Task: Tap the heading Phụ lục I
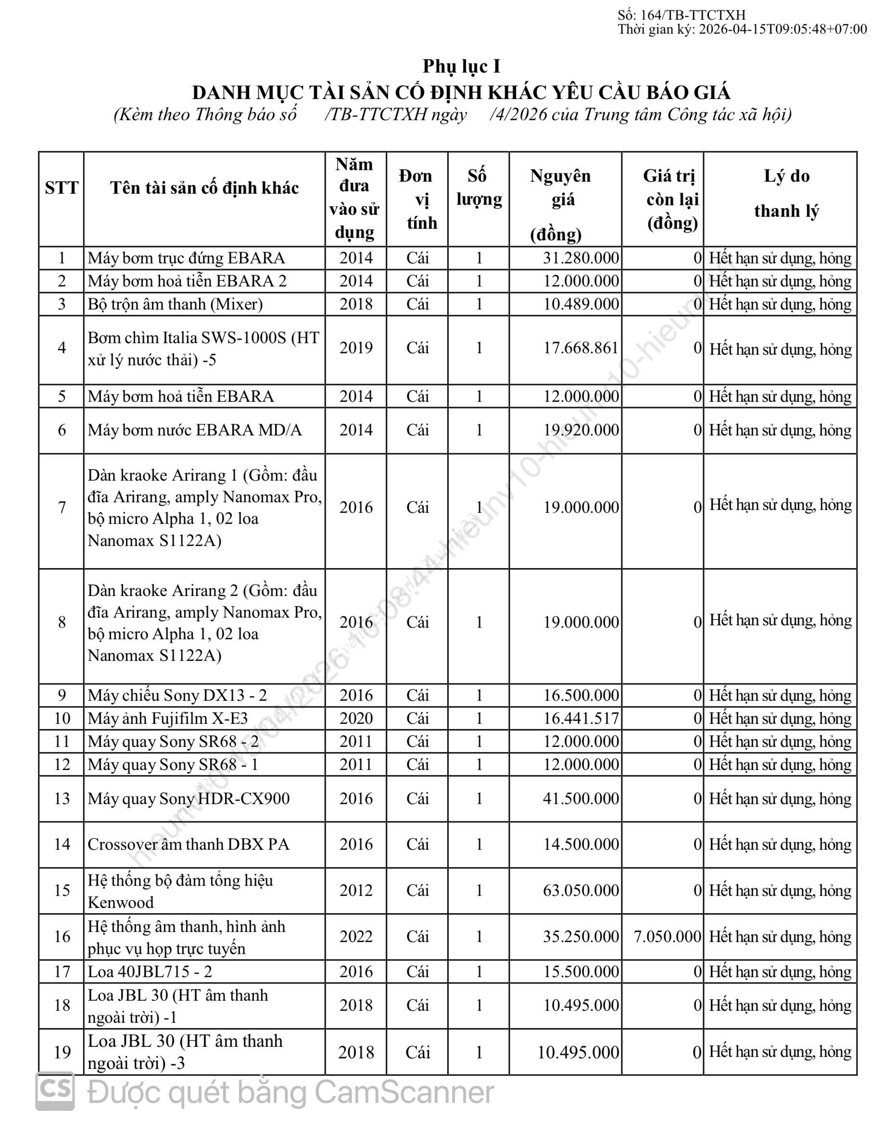[461, 66]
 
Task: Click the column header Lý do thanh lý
[786, 194]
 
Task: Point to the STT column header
[62, 188]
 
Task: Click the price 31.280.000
[580, 258]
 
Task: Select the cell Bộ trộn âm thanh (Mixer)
[175, 304]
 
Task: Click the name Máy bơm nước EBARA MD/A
[195, 430]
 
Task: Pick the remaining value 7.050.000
[667, 936]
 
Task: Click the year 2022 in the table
[356, 936]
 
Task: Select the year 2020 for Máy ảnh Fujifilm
[356, 719]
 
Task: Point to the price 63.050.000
[580, 891]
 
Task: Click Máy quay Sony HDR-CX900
[189, 798]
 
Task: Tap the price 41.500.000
[580, 798]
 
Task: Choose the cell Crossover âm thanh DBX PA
[189, 844]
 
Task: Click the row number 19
[62, 1052]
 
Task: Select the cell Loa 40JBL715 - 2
[150, 971]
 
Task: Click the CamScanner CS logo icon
[54, 1092]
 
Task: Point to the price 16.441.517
[580, 719]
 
